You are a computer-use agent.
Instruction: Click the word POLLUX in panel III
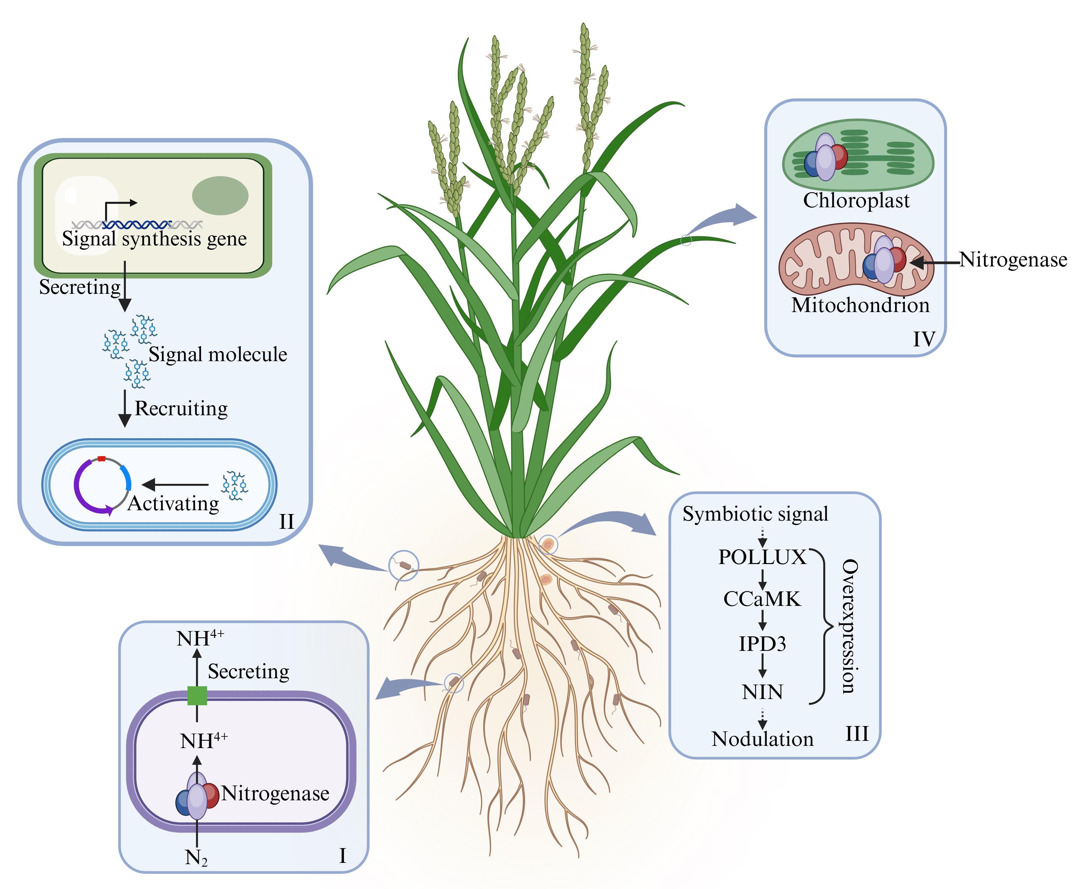(x=762, y=557)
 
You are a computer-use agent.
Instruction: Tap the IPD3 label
(x=762, y=644)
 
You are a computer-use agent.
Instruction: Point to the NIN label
(x=762, y=692)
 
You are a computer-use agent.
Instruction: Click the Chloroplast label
(x=856, y=200)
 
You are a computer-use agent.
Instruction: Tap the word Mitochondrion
(x=860, y=305)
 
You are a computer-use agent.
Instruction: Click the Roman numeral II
(x=286, y=521)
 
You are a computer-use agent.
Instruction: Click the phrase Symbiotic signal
(x=755, y=514)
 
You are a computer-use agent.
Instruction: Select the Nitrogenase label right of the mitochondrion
(x=1013, y=260)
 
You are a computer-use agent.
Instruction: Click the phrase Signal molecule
(x=218, y=354)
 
